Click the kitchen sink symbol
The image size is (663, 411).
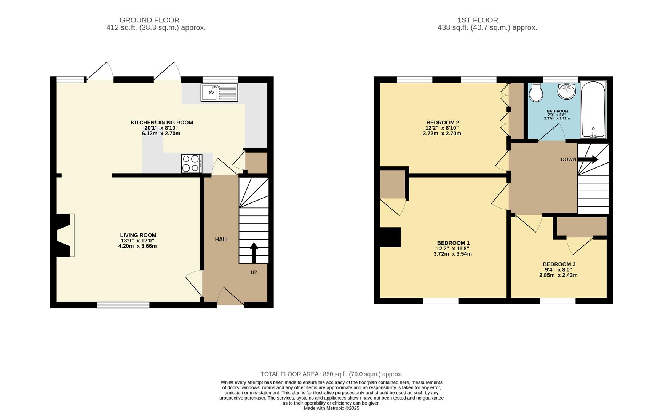tap(219, 92)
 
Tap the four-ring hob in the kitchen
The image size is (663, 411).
tap(192, 163)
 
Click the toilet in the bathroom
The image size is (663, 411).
tap(536, 93)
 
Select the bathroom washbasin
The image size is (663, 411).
tap(567, 91)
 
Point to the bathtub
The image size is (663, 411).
tap(593, 109)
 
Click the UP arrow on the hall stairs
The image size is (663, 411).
tap(254, 253)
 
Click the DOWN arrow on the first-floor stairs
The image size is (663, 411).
tap(588, 159)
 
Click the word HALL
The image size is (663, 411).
tap(222, 239)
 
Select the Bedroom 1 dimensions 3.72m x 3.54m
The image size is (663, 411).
tap(452, 254)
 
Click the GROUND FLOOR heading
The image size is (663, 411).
tap(149, 20)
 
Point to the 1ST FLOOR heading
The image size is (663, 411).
tap(478, 20)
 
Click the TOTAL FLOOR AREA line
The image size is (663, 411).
tap(331, 374)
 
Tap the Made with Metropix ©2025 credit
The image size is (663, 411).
tap(331, 408)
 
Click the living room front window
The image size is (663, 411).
tap(123, 305)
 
